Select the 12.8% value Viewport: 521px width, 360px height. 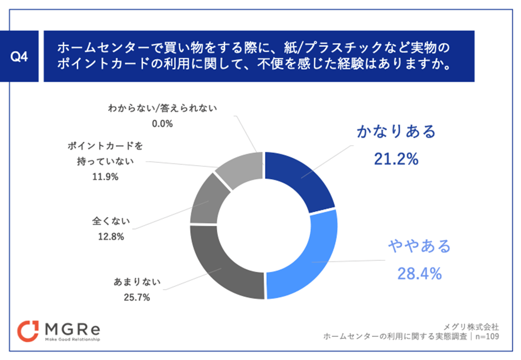point(111,236)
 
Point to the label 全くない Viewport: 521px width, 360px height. point(111,221)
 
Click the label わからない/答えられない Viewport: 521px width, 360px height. point(161,107)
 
